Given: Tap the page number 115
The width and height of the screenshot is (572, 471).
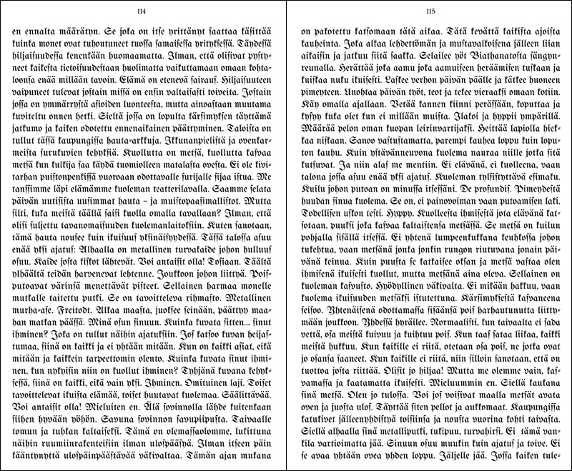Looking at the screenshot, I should point(430,11).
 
